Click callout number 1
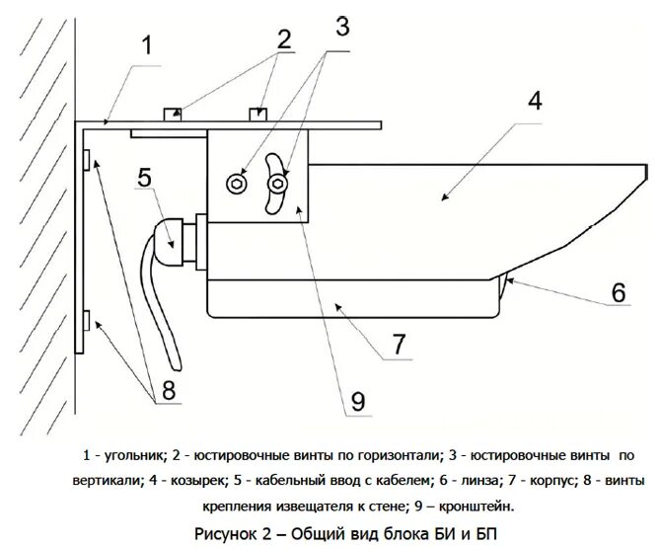coord(146,46)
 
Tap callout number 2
coord(284,39)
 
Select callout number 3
coord(341,27)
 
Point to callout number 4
coord(535,102)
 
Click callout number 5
coord(144,179)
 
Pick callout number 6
coord(619,292)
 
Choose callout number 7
coord(399,345)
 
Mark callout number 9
coord(356,400)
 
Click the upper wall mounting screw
coord(86,159)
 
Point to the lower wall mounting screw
coord(86,321)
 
